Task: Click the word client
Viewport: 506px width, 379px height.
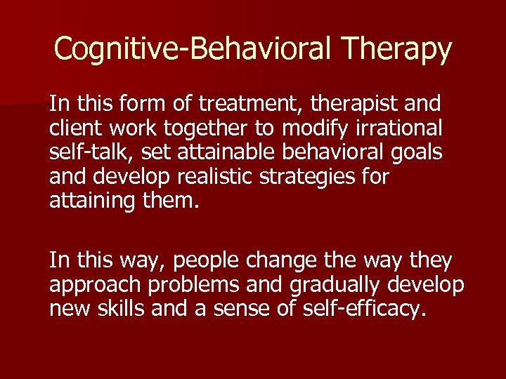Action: coord(72,129)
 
